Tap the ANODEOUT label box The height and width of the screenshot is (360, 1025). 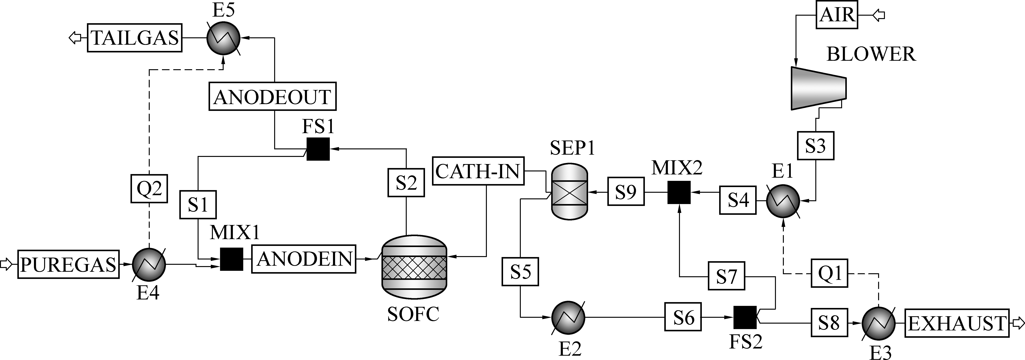[x=272, y=96]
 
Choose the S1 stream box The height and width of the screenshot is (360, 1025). [x=198, y=205]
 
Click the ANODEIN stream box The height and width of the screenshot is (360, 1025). [x=304, y=259]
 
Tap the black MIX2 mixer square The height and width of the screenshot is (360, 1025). [x=679, y=192]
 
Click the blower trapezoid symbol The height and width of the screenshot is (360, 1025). [x=818, y=88]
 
